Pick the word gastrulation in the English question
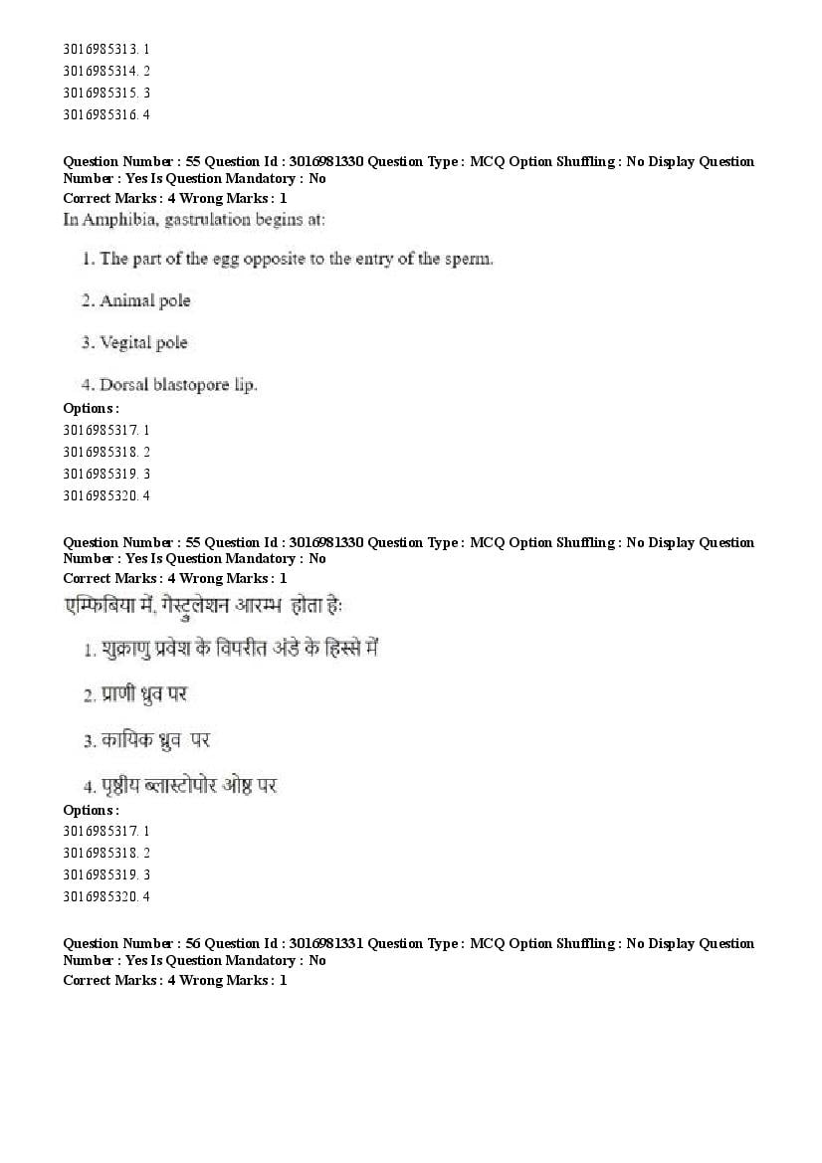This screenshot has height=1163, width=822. (x=209, y=219)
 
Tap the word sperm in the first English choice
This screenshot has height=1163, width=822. (x=471, y=259)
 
